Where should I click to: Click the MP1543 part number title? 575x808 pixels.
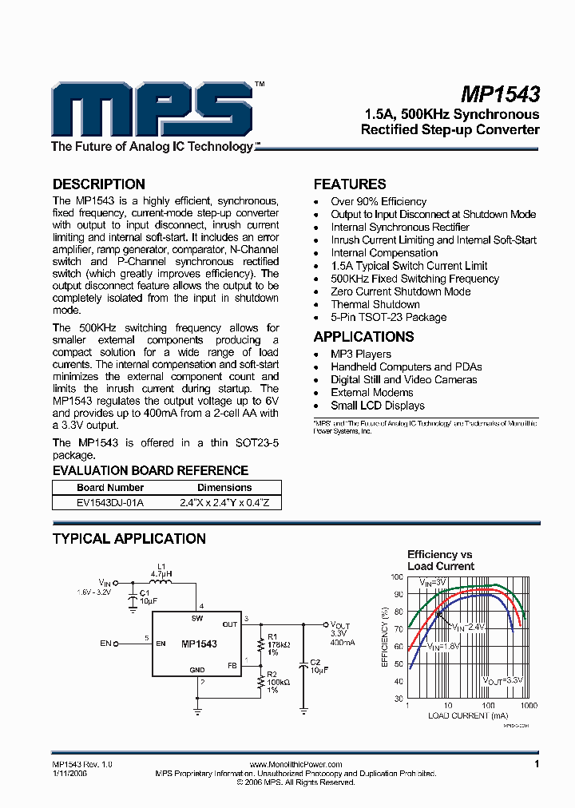pos(501,94)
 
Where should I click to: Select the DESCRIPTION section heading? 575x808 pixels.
pos(98,184)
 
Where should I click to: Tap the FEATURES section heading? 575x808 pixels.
pos(350,184)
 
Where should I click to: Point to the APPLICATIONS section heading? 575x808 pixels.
pos(363,336)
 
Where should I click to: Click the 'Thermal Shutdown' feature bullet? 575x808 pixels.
pos(375,304)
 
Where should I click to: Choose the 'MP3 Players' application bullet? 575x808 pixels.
pos(361,354)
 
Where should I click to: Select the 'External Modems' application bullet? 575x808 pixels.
pos(372,392)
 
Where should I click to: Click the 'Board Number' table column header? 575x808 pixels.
pos(110,487)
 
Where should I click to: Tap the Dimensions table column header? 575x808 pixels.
pos(224,487)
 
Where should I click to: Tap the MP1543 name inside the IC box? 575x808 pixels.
pos(199,644)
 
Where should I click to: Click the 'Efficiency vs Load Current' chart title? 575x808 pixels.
pos(440,560)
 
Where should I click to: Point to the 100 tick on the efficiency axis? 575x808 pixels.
pos(397,576)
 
